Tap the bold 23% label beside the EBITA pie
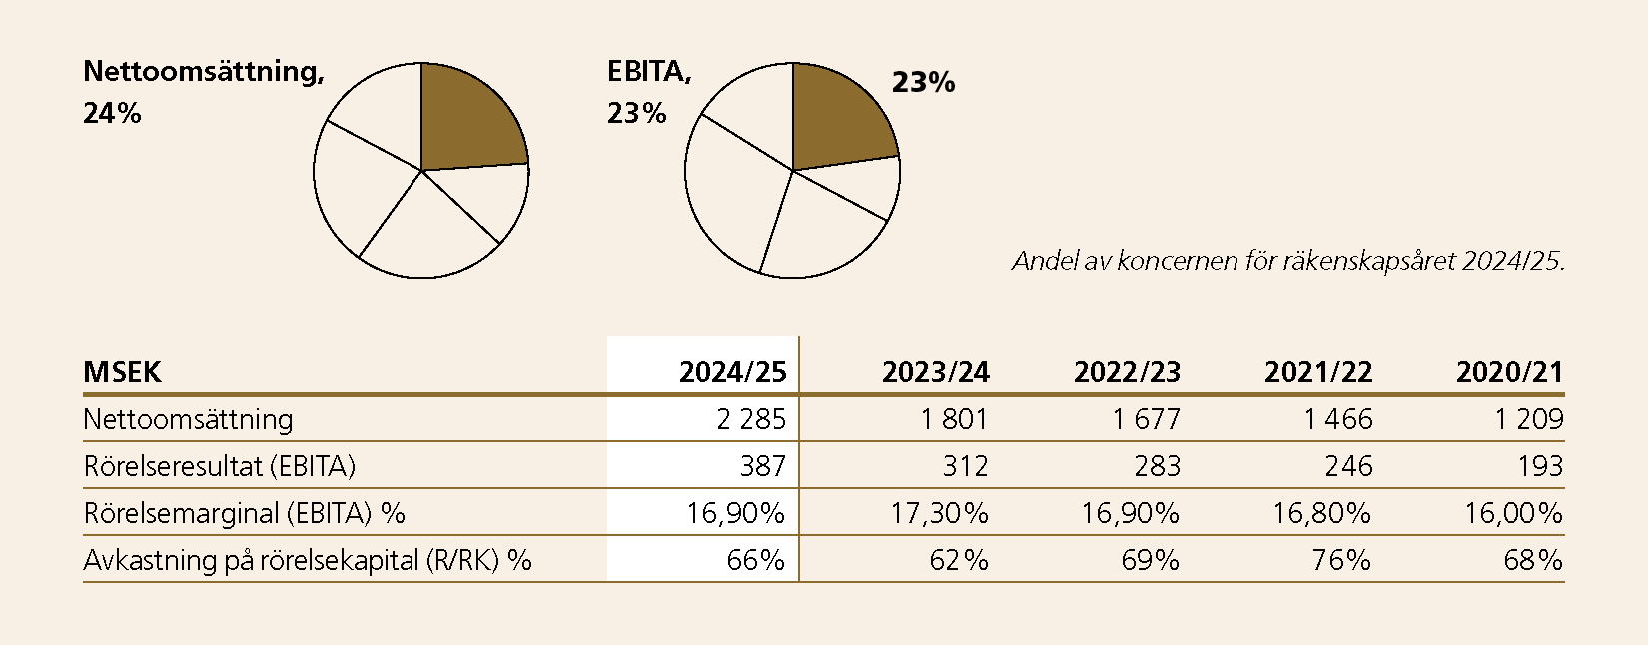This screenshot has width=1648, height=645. tap(923, 83)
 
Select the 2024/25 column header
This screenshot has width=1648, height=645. tap(732, 372)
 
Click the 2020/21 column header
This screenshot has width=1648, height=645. tap(1508, 372)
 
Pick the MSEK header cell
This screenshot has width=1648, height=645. tap(122, 372)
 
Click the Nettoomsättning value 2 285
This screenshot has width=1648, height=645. tap(751, 419)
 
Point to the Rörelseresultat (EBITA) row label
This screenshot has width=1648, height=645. tap(219, 466)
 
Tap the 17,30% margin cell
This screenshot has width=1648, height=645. tap(939, 513)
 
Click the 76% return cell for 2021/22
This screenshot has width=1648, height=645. tap(1341, 560)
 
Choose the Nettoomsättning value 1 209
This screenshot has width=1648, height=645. tap(1528, 419)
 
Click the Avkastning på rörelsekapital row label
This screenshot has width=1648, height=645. tap(307, 560)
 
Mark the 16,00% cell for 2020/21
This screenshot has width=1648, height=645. tap(1513, 513)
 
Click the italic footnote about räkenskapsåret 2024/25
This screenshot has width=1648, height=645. tap(1287, 262)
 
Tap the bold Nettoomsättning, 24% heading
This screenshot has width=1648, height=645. tap(203, 91)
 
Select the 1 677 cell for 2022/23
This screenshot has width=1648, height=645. tap(1146, 419)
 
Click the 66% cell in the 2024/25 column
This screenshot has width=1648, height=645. tap(755, 560)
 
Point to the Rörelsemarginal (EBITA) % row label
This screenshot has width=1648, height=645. tap(244, 513)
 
